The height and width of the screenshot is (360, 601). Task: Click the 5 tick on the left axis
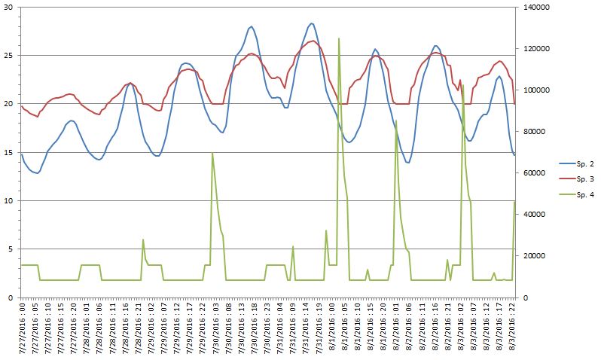pos(10,249)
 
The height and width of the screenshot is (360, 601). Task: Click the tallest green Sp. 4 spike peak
pos(339,38)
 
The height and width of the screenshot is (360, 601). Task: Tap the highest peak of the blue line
pos(312,23)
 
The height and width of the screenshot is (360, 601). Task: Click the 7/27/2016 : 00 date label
pos(23,325)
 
